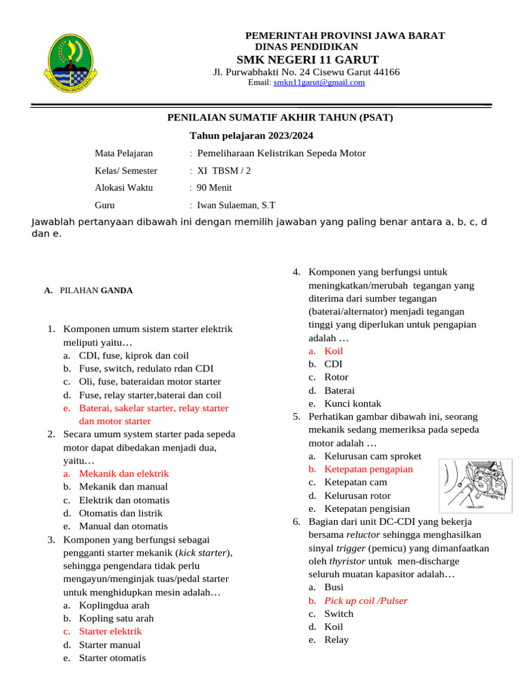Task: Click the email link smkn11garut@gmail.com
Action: [319, 82]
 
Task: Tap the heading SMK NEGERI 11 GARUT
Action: [307, 59]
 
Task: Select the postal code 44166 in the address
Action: [387, 72]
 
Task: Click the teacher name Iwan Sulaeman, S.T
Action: [236, 204]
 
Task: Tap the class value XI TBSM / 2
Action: [223, 170]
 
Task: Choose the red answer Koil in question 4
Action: [334, 351]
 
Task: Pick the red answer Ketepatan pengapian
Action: [368, 469]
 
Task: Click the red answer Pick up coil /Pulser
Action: [366, 601]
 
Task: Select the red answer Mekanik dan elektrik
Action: [124, 473]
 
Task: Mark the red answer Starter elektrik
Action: [110, 631]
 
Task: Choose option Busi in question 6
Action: [334, 587]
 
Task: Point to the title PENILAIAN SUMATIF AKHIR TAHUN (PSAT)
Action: [280, 118]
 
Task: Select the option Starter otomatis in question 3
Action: [112, 658]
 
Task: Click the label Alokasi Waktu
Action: [124, 187]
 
